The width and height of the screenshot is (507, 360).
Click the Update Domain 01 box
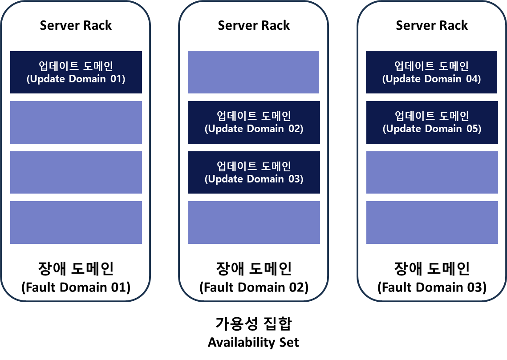click(76, 72)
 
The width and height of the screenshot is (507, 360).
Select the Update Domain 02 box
click(254, 122)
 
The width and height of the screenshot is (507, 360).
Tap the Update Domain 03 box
click(254, 172)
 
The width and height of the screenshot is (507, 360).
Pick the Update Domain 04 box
click(431, 72)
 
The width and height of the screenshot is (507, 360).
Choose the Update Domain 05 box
click(432, 122)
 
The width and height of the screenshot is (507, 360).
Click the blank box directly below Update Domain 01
click(76, 122)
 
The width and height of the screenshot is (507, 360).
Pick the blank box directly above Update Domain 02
click(253, 72)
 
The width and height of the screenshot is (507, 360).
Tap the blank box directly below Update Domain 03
click(254, 222)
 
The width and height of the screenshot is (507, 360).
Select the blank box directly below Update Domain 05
click(432, 172)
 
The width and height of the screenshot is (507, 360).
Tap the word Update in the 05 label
click(403, 129)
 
